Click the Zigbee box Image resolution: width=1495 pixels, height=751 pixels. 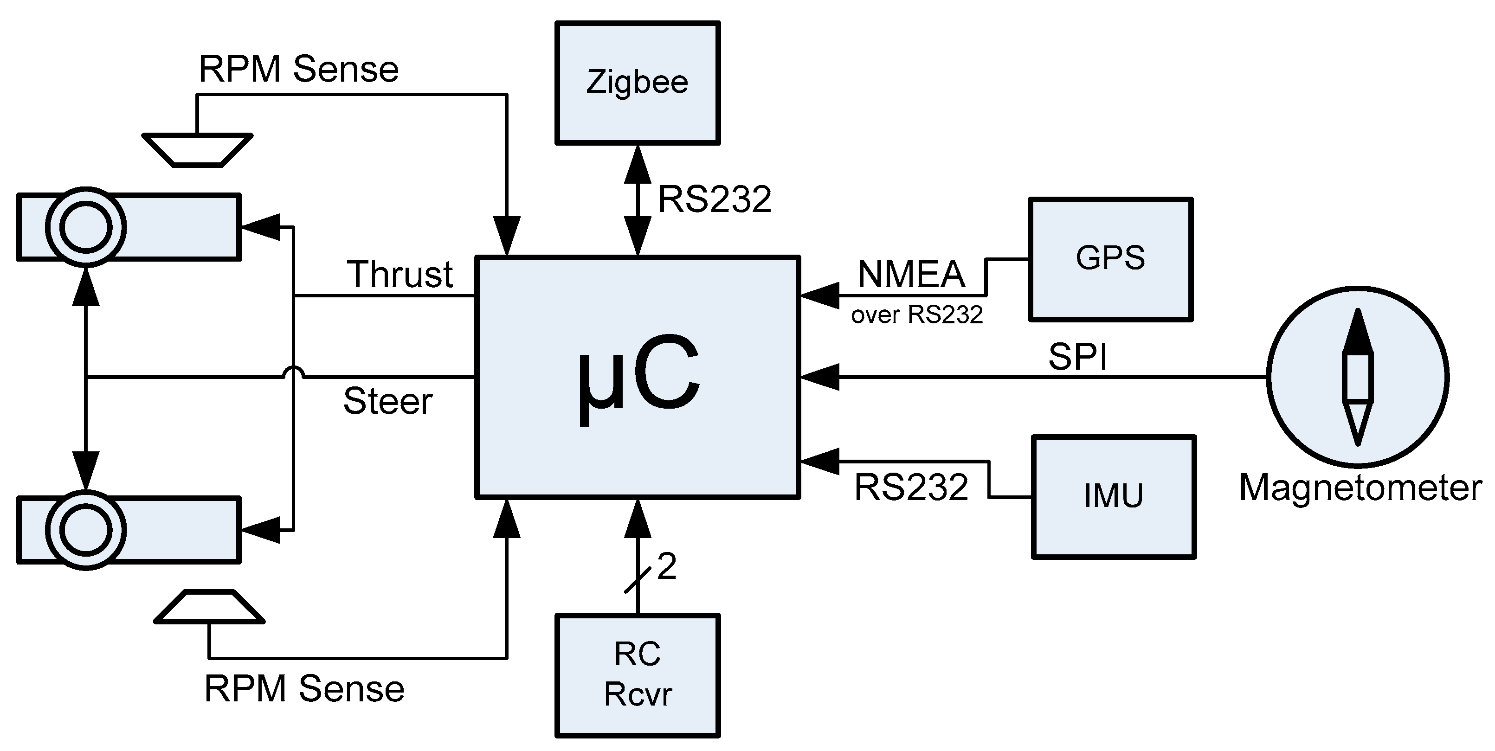[637, 83]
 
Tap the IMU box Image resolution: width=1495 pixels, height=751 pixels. [1113, 497]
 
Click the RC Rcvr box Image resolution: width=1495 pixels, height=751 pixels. [637, 675]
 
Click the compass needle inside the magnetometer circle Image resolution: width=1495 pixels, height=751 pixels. [1358, 377]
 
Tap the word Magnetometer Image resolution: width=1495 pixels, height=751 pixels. [1360, 488]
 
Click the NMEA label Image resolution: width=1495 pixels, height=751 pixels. [911, 275]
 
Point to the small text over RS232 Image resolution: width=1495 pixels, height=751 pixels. [916, 315]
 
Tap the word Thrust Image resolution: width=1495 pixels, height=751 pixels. [400, 274]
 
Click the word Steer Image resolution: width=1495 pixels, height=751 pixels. [388, 401]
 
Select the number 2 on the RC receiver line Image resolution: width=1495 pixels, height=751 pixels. [667, 566]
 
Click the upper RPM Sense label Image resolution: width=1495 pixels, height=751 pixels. [298, 69]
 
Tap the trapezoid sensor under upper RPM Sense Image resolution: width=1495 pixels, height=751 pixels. [197, 150]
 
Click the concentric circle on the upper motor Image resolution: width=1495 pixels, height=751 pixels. [86, 227]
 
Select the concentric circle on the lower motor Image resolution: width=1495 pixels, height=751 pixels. [86, 530]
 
